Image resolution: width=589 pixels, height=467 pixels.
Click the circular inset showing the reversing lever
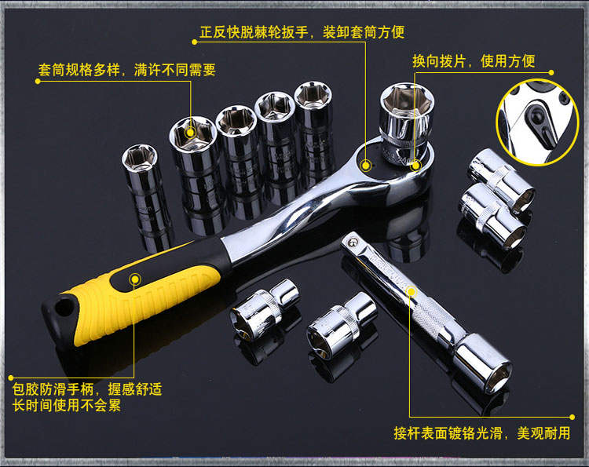coord(536,122)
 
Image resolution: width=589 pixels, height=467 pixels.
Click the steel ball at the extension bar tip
coord(352,243)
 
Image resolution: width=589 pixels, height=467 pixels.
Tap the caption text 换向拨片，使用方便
coord(474,60)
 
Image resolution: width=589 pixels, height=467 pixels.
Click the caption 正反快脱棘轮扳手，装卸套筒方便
coord(302,32)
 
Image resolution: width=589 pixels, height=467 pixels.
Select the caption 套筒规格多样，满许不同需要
coord(127,70)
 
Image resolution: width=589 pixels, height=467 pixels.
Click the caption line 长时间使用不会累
coord(67,406)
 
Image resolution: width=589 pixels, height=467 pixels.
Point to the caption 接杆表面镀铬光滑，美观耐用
coord(482,433)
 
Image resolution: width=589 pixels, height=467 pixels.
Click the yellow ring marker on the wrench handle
coord(135,279)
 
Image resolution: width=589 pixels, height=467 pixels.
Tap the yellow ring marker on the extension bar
coord(412,292)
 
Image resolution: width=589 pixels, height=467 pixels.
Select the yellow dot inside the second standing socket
coord(191,133)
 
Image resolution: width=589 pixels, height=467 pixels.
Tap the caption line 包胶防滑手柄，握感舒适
coord(87,389)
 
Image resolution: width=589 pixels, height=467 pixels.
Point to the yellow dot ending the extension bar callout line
coord(572,417)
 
